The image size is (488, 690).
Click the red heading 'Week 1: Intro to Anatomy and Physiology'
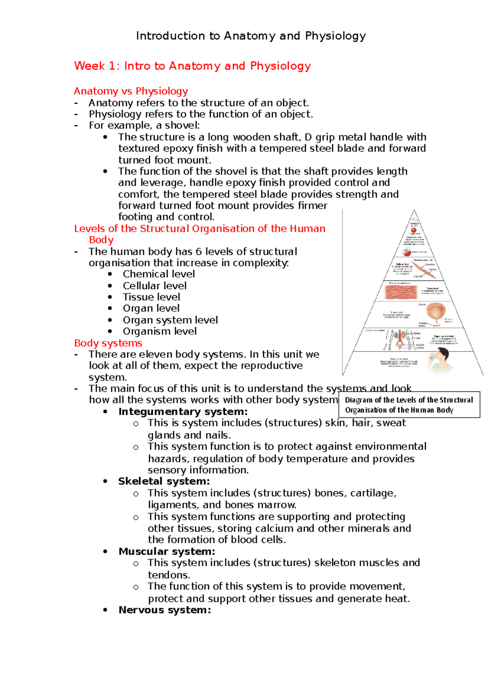click(192, 66)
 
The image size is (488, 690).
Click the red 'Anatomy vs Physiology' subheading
click(131, 91)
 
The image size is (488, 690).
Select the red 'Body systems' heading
click(108, 343)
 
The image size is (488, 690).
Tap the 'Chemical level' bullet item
click(159, 274)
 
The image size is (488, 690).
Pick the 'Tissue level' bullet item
click(151, 297)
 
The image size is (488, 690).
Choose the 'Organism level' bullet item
click(159, 331)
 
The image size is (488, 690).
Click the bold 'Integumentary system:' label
click(183, 412)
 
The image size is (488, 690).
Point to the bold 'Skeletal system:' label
click(164, 482)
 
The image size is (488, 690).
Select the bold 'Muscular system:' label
click(167, 551)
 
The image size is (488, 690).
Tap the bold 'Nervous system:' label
click(165, 610)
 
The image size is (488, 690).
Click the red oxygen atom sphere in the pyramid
click(414, 230)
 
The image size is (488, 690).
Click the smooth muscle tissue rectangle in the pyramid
click(401, 292)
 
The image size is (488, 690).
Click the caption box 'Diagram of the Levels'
click(409, 405)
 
